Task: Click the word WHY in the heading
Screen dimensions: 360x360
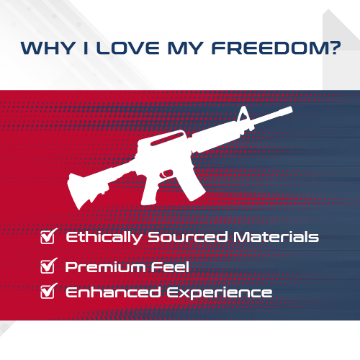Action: coord(48,48)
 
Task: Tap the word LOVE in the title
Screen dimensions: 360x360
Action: coord(128,48)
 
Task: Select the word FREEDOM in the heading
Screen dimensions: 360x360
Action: coord(276,48)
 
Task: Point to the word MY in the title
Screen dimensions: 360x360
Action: coord(186,48)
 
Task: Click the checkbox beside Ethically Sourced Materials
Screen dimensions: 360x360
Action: coord(49,236)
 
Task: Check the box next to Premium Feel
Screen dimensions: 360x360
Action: coord(49,266)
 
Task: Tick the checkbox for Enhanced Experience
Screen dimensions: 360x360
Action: coord(49,291)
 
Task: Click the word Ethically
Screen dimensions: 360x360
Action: coord(104,238)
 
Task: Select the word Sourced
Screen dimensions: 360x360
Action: coord(187,237)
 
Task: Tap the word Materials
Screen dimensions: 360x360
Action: coord(276,237)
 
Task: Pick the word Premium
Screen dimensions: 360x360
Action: coord(105,267)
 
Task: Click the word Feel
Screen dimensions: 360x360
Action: coord(170,266)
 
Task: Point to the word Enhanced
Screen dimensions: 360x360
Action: coord(113,292)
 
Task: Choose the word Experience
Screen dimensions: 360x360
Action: coord(220,293)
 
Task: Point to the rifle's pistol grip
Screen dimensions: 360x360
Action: coord(150,192)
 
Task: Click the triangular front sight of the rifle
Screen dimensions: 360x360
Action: coord(244,114)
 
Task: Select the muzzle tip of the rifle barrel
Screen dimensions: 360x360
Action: coord(290,110)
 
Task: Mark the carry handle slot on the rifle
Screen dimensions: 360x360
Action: coord(166,139)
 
